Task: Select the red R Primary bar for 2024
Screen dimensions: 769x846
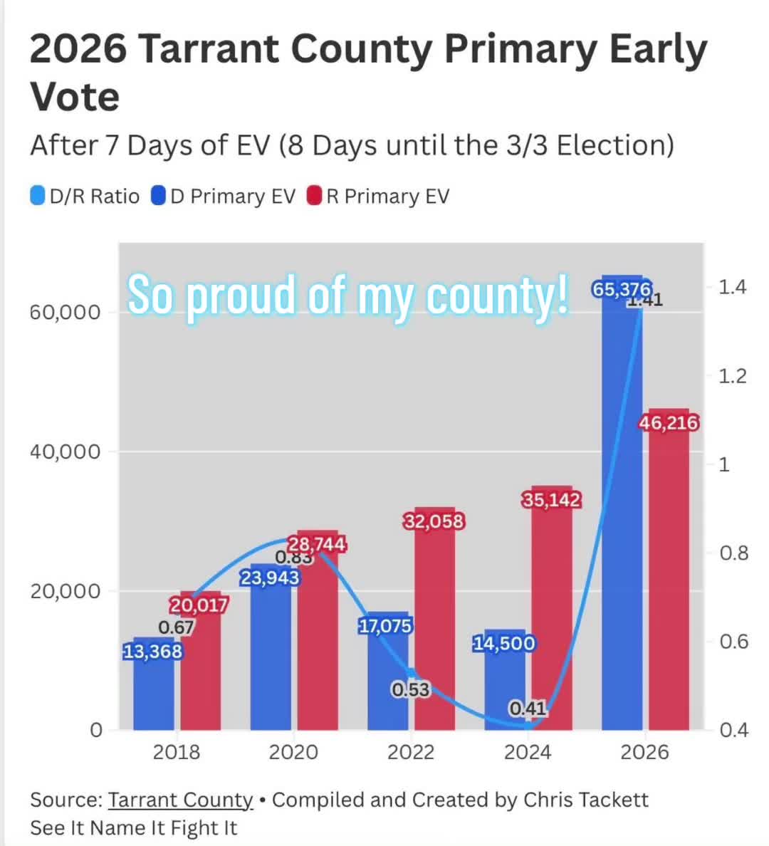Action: pos(552,608)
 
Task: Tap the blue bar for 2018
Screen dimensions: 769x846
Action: pos(154,684)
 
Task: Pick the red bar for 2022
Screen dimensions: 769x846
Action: pos(434,619)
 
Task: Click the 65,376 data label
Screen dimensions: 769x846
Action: pos(622,290)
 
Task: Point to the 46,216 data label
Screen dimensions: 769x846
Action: pos(669,422)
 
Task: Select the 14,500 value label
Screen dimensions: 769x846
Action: pos(504,643)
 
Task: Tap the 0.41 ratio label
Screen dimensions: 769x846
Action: pos(528,708)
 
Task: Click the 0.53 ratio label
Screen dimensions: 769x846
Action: pos(411,689)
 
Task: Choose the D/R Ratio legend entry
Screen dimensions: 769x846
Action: pos(85,196)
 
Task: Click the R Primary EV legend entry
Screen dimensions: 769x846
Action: pos(378,196)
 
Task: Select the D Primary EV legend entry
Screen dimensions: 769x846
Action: pos(224,196)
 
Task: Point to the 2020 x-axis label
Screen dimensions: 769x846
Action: pos(293,752)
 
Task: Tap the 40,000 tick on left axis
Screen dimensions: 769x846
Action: pos(66,451)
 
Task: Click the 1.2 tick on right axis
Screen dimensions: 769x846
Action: pos(732,375)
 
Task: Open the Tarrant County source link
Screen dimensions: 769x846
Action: pos(180,800)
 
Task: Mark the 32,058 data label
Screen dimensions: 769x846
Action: pos(434,521)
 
